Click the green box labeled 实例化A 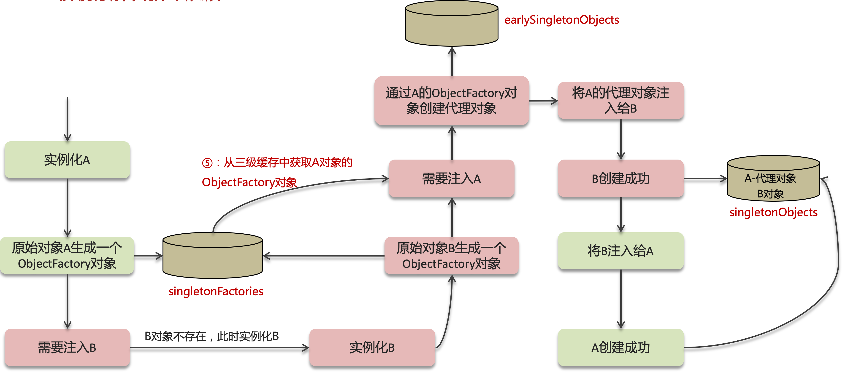(67, 160)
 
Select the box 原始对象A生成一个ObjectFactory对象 (67, 256)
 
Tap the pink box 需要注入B (67, 347)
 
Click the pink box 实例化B (372, 347)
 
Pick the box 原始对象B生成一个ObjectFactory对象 (451, 256)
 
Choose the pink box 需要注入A (451, 179)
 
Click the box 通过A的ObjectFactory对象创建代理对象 (451, 101)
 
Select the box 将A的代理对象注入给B (620, 101)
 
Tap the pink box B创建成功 (620, 179)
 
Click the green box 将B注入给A (620, 251)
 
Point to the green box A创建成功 (620, 347)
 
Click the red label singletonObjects (773, 212)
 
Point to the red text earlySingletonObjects (562, 20)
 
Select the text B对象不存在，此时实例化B (212, 336)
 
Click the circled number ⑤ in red (207, 163)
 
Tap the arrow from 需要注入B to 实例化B (219, 348)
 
